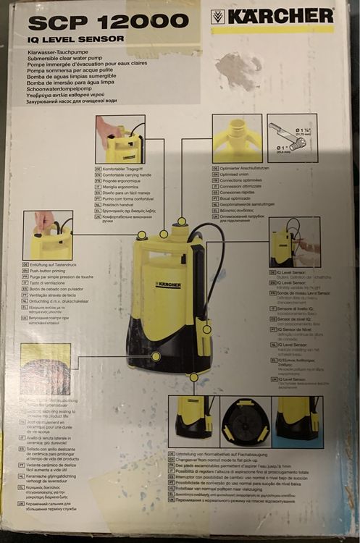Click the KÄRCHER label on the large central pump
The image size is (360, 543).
tap(168, 285)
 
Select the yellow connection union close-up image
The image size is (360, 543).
tap(237, 138)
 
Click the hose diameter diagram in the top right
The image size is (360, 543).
tap(292, 138)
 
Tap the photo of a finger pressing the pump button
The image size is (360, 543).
tap(48, 235)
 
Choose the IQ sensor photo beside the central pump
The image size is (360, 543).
tap(294, 242)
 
